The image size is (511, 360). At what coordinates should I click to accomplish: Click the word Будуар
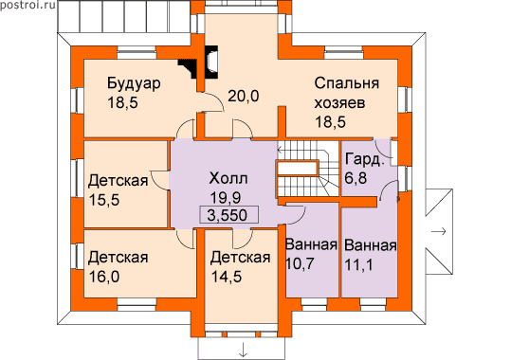(x=134, y=83)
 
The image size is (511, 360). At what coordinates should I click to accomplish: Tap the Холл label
(x=228, y=178)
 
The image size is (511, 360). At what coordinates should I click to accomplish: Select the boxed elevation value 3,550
(x=229, y=215)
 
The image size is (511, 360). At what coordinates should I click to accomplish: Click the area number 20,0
(x=243, y=96)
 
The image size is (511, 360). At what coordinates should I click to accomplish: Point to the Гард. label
(x=364, y=160)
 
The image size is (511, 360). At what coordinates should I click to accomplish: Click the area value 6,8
(x=356, y=178)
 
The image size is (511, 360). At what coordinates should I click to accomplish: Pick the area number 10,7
(x=300, y=263)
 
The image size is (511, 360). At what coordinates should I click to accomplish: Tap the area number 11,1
(x=358, y=264)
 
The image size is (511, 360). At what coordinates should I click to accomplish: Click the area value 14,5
(x=227, y=277)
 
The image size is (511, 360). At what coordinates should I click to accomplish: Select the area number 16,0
(x=104, y=277)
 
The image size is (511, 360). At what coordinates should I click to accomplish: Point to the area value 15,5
(x=104, y=200)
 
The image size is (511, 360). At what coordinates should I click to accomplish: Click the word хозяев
(x=339, y=103)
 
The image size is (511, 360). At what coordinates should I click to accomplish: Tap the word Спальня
(x=347, y=83)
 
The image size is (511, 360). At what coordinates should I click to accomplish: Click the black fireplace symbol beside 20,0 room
(x=210, y=63)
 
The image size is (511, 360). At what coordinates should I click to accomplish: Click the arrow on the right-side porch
(x=438, y=232)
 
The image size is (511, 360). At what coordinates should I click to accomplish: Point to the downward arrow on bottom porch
(x=243, y=351)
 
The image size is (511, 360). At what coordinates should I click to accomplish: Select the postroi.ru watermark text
(x=28, y=5)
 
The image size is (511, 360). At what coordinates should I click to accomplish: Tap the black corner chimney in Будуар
(x=189, y=67)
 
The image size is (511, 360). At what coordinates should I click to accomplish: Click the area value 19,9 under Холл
(x=226, y=197)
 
